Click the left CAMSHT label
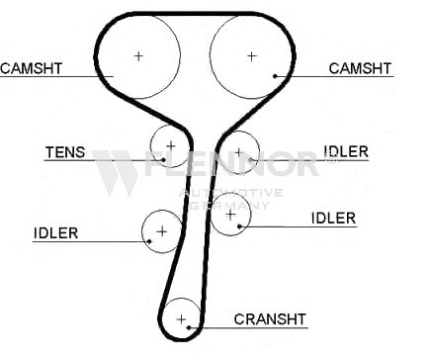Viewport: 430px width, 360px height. click(x=32, y=68)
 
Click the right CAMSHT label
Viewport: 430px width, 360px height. click(x=360, y=68)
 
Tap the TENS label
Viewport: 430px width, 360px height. click(x=65, y=152)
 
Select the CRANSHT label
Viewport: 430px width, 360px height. click(x=270, y=319)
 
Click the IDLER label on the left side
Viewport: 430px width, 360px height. click(x=56, y=233)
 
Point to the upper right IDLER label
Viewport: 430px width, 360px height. click(x=346, y=151)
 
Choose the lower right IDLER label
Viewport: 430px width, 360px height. click(x=333, y=219)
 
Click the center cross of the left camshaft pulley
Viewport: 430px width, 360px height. click(x=138, y=56)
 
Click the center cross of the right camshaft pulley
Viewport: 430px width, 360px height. click(x=252, y=56)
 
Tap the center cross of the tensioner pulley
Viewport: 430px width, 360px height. click(x=171, y=145)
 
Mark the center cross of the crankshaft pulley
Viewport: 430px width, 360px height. click(x=181, y=319)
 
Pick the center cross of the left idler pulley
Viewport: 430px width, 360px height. click(x=162, y=231)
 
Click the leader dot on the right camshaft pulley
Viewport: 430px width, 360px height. click(x=275, y=76)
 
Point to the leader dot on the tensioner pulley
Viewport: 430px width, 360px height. click(x=163, y=160)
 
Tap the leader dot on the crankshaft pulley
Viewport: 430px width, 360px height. click(x=189, y=327)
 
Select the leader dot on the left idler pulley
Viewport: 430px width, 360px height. click(x=149, y=241)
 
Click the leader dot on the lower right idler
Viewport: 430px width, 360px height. click(x=239, y=226)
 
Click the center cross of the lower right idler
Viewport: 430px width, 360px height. click(x=230, y=215)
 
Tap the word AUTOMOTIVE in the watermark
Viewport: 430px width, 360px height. click(x=230, y=193)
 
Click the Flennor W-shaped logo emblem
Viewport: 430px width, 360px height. click(x=115, y=172)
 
